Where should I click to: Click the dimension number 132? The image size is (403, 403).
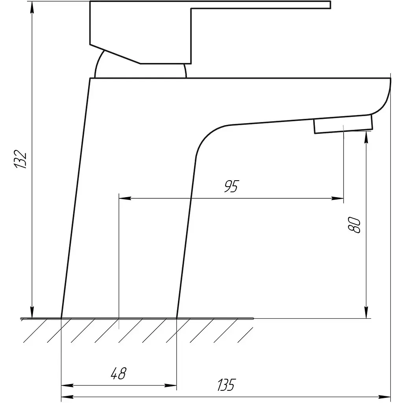tap(20, 159)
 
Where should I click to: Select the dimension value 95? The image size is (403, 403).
tap(231, 186)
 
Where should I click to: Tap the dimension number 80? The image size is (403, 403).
tap(354, 225)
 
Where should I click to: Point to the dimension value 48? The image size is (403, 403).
tap(118, 373)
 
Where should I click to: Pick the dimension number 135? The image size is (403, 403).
tap(226, 385)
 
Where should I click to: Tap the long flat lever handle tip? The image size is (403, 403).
tap(330, 5)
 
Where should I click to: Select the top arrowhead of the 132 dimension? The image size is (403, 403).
tap(32, 8)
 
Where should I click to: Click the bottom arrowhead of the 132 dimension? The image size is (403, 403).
tap(32, 312)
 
